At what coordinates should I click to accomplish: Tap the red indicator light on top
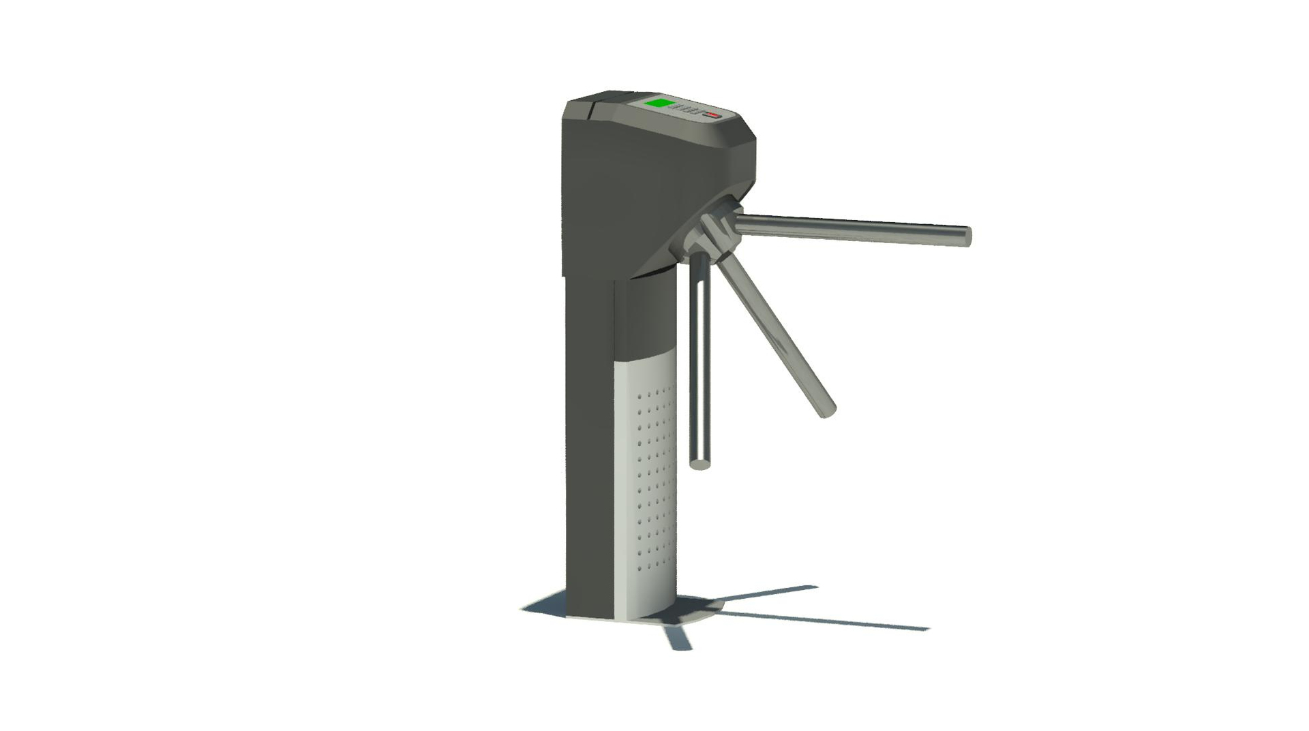point(714,115)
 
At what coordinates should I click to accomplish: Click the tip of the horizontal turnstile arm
point(965,236)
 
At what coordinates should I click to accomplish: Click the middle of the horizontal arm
point(852,228)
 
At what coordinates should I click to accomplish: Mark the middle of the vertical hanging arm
point(699,361)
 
